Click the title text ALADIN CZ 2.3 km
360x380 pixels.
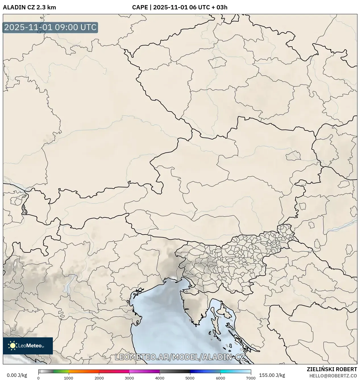click(29, 7)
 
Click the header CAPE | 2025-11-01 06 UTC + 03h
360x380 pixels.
click(180, 7)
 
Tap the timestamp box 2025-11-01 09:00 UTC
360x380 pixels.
click(50, 28)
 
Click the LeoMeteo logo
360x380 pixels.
click(28, 346)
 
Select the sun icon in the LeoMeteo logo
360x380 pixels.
click(13, 346)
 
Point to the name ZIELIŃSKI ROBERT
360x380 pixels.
click(332, 369)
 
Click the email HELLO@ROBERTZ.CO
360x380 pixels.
click(333, 376)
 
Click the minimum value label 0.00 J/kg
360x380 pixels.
click(17, 375)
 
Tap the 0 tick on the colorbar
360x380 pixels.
click(38, 378)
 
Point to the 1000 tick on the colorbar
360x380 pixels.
click(69, 378)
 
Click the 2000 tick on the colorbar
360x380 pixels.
click(99, 378)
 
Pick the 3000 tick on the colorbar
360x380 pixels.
click(129, 378)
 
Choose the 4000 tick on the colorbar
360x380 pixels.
click(160, 378)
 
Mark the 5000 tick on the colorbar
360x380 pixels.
click(190, 378)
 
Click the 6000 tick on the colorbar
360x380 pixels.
click(220, 378)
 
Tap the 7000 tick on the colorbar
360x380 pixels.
click(251, 378)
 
